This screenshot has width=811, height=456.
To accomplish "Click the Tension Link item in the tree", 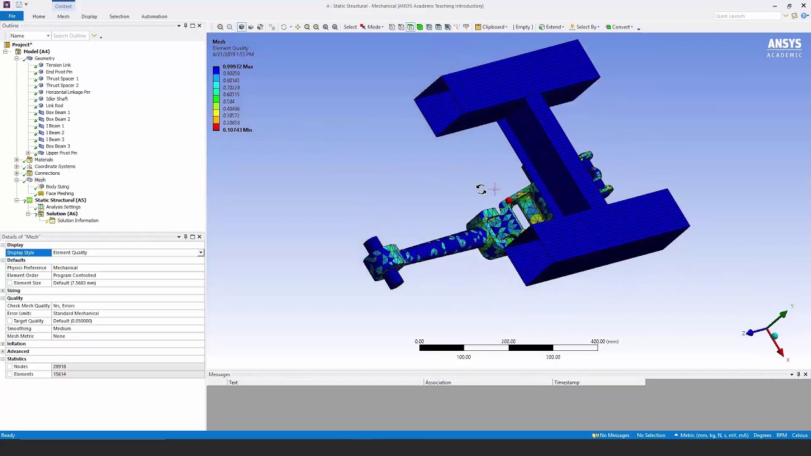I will (x=58, y=65).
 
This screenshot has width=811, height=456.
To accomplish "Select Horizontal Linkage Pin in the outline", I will (x=67, y=92).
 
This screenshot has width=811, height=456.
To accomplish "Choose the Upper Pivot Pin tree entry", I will (x=61, y=153).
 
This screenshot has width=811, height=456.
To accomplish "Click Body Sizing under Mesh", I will (x=57, y=187).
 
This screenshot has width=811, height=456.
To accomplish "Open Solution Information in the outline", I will (x=77, y=221).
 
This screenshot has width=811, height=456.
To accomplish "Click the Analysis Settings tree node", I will (x=63, y=207).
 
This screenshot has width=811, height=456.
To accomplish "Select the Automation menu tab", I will (x=154, y=16).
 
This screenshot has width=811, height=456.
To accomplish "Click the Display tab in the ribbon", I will (x=89, y=16).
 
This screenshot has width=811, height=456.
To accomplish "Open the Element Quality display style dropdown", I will (x=200, y=253).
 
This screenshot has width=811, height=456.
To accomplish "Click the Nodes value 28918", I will (x=60, y=367).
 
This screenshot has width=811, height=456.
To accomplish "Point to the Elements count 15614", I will (x=60, y=374).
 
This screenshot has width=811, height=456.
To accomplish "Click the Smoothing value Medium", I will (x=61, y=329).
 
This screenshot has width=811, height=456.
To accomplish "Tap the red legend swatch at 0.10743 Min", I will (x=216, y=129).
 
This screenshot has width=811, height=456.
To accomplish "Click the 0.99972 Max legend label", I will (x=238, y=66).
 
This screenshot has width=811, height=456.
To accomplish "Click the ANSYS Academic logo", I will (x=784, y=47).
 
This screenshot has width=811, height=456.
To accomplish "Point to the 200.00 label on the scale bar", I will (x=508, y=341).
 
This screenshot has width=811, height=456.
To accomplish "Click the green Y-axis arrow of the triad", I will (x=783, y=314).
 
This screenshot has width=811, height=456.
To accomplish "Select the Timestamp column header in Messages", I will (x=566, y=383).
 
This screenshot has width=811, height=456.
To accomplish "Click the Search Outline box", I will (x=70, y=36).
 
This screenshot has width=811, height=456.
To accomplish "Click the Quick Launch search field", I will (x=744, y=16).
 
